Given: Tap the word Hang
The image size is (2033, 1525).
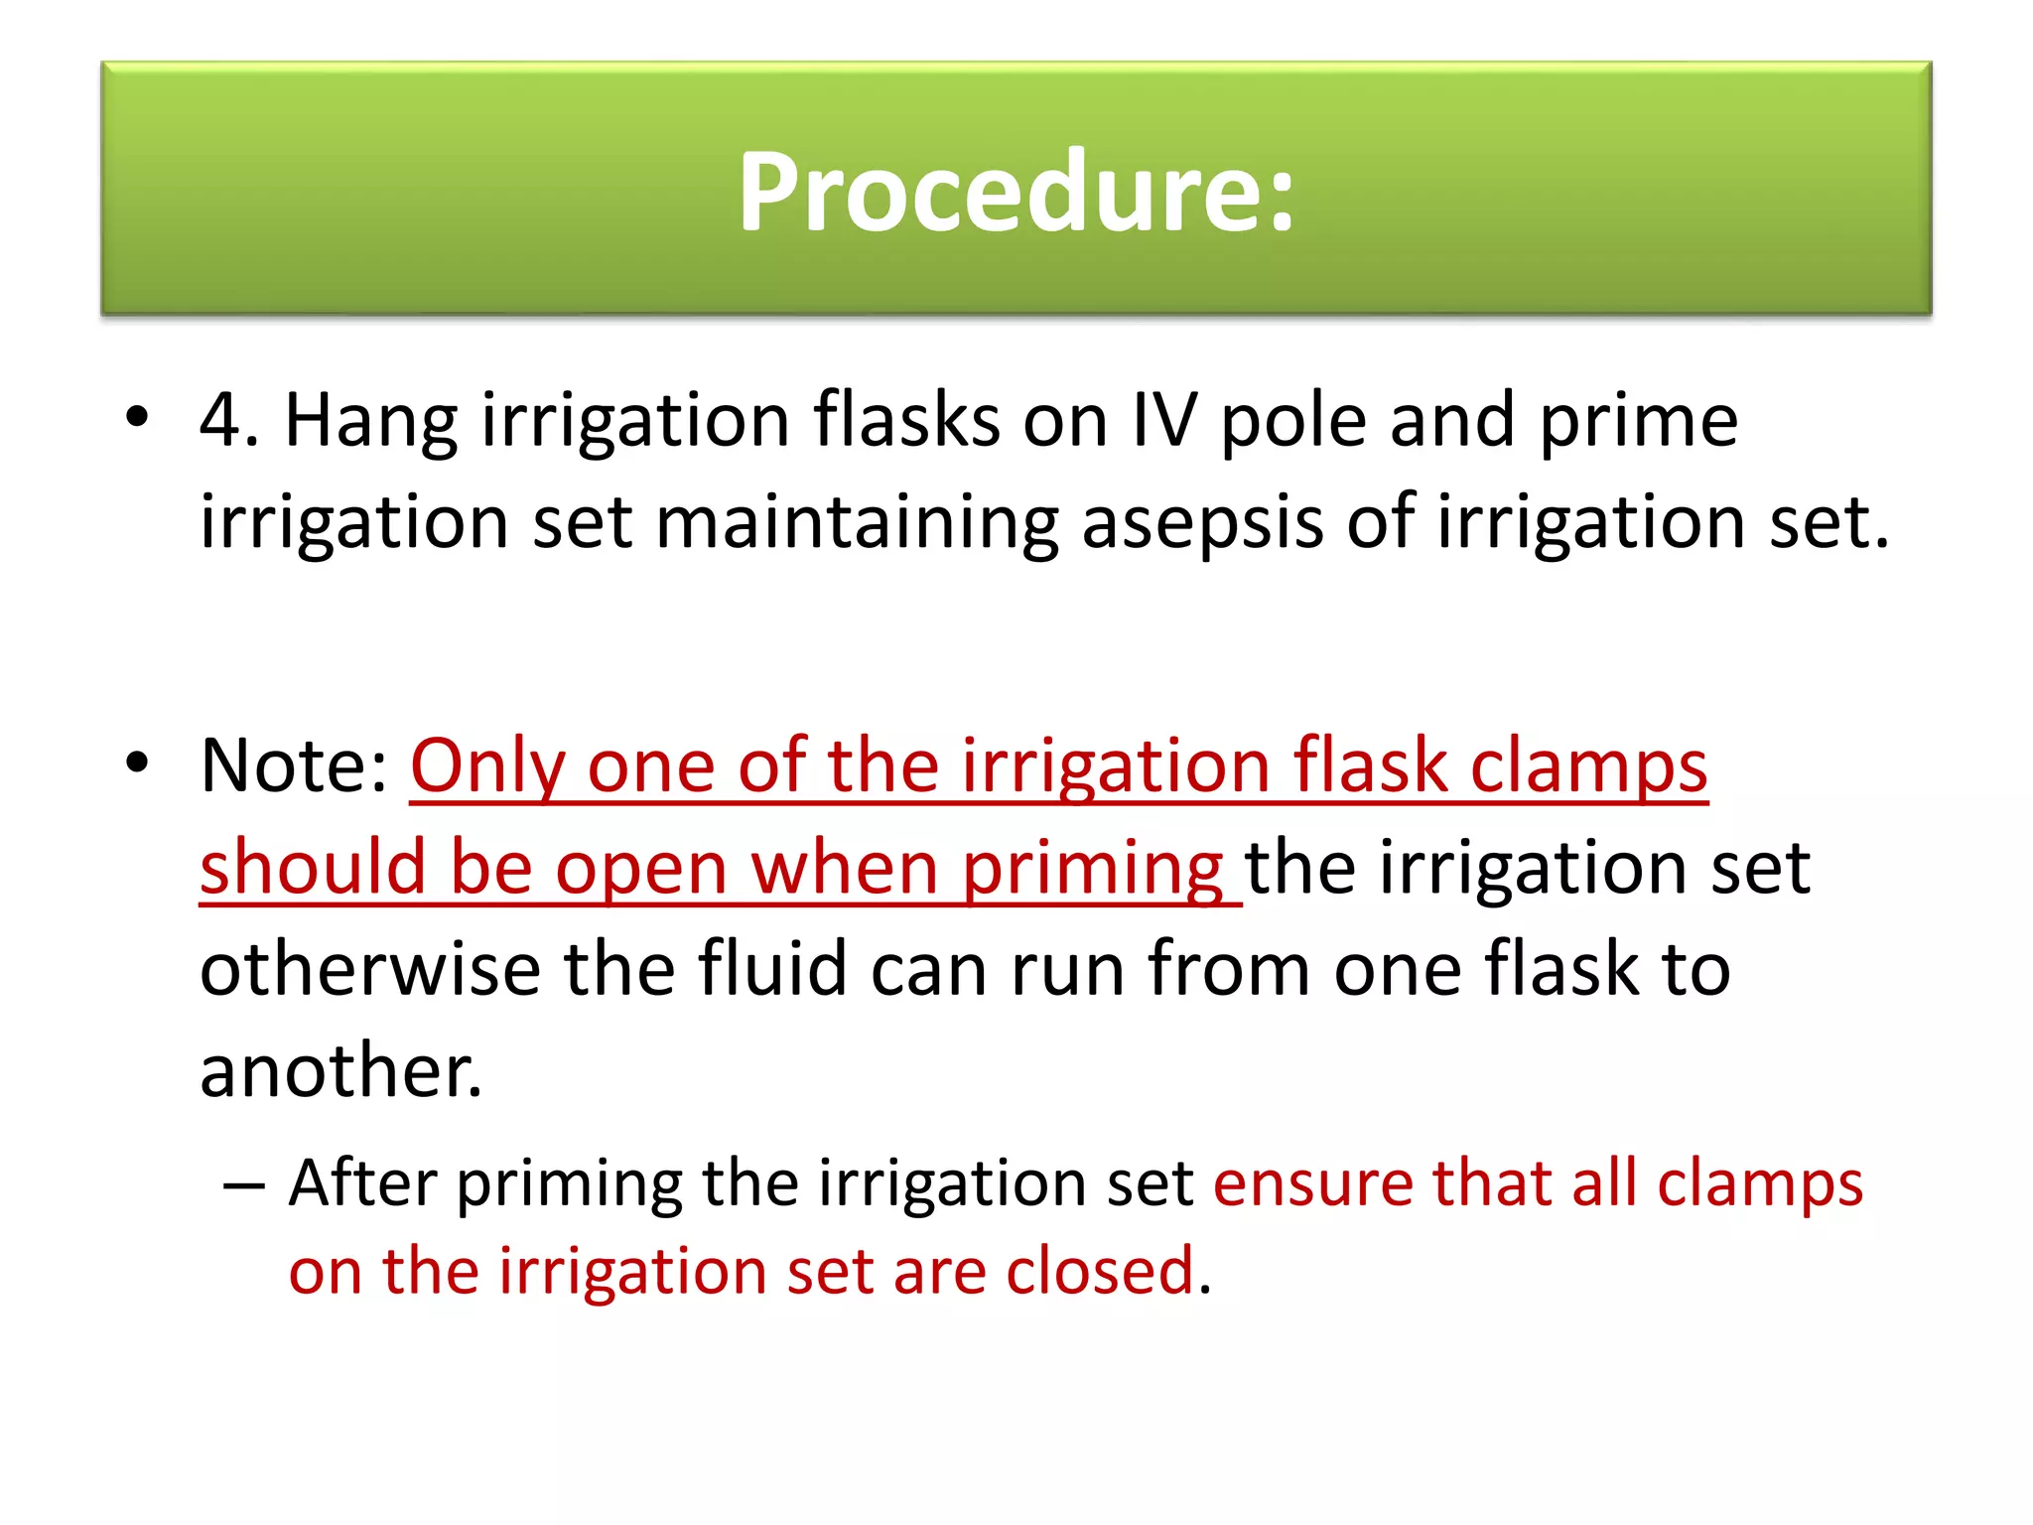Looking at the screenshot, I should coord(370,421).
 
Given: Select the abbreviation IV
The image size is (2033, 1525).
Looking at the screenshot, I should coord(1163,421).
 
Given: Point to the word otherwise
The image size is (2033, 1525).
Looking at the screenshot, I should coord(369,969).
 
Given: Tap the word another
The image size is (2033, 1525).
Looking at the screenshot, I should coord(339,1072).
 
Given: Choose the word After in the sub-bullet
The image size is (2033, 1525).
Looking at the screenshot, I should coord(362,1183).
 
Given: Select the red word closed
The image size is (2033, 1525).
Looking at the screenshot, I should coord(1099,1271).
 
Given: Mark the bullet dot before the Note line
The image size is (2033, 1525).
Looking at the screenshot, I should coord(137,762).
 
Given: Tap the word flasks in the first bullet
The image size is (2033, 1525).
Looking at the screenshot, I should coord(905,421).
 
